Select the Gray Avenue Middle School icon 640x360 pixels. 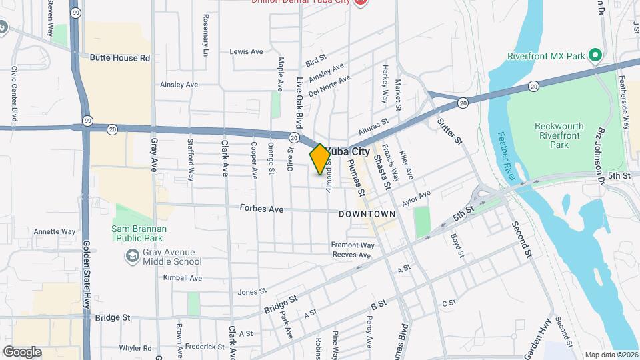point(132,256)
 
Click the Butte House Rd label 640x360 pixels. point(120,58)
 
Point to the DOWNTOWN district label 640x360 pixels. point(367,214)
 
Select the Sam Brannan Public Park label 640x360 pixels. point(139,233)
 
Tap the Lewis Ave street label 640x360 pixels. point(247,51)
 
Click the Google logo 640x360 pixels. point(22,352)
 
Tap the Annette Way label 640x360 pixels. point(55,232)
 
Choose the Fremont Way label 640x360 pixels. point(353,245)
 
